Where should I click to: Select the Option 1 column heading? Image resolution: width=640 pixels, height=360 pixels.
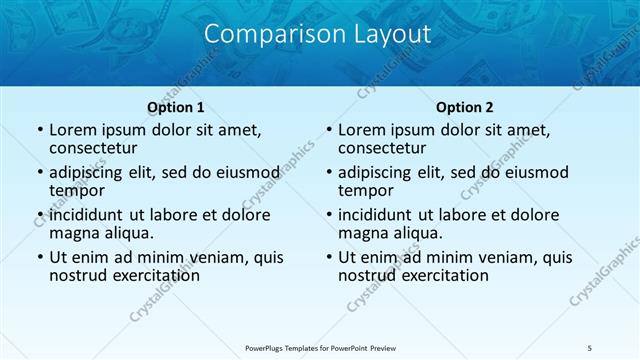(x=175, y=107)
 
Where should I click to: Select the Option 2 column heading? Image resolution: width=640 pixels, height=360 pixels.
(x=464, y=107)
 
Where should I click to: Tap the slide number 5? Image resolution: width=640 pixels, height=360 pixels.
(x=590, y=347)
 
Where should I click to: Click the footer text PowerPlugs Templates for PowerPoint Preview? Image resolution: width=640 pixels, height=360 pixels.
(x=319, y=347)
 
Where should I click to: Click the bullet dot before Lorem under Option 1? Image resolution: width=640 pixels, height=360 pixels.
(x=39, y=131)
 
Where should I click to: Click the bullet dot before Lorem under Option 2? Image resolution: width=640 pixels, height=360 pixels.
(x=328, y=131)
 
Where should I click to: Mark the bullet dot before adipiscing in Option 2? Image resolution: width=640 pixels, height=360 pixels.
(x=328, y=173)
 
